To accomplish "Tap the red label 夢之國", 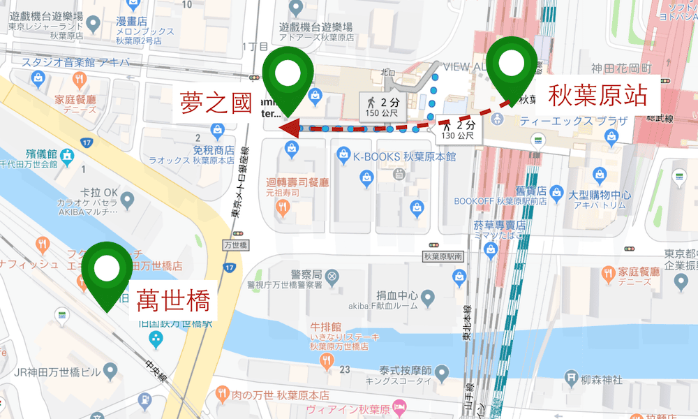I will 214,103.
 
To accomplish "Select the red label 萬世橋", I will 172,302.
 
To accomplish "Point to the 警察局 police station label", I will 306,274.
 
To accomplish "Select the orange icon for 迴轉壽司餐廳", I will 283,206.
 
